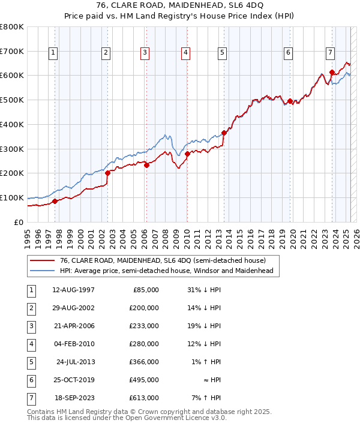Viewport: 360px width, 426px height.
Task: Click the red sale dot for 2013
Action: [x=224, y=133]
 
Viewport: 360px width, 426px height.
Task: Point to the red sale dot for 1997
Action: [x=55, y=201]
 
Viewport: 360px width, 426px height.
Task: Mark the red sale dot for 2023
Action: [x=332, y=73]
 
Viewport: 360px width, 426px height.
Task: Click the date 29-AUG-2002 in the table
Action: [x=73, y=307]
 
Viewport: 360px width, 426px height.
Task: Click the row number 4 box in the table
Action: [x=31, y=344]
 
